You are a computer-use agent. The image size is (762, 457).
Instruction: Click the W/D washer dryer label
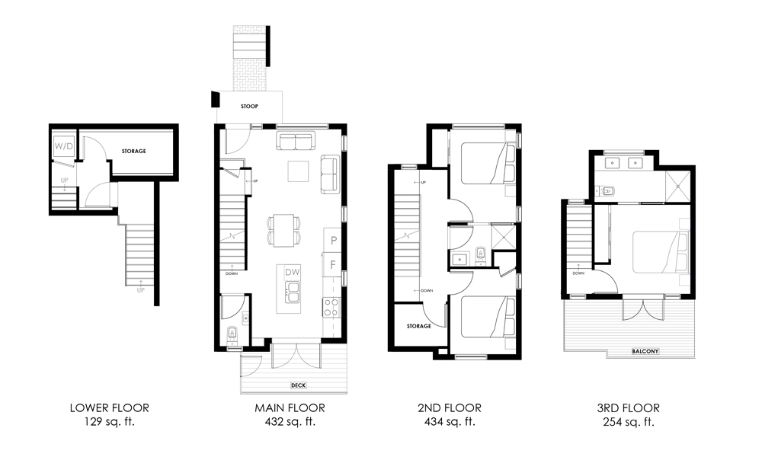tap(62, 146)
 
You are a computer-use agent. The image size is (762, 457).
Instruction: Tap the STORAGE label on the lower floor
tap(133, 151)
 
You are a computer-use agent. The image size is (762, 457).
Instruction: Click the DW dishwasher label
tap(293, 272)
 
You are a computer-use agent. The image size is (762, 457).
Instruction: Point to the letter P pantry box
tap(333, 241)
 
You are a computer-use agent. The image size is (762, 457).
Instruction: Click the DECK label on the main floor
tap(299, 385)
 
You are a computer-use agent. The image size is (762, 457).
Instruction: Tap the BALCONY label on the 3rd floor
tap(645, 351)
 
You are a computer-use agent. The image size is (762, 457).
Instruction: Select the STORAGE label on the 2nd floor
tap(418, 326)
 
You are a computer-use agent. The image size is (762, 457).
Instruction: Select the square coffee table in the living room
tap(299, 172)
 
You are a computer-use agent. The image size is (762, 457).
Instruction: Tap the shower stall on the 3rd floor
tap(675, 183)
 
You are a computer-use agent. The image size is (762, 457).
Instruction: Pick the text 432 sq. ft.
tap(290, 421)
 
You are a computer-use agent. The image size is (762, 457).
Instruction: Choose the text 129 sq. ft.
tap(109, 421)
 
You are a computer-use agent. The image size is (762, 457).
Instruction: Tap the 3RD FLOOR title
tap(629, 408)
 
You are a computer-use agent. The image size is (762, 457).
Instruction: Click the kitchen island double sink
tap(293, 291)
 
